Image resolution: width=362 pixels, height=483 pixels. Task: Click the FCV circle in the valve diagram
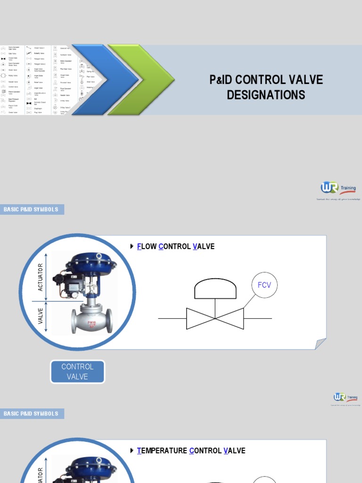point(265,285)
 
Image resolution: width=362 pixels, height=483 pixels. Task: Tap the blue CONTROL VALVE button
point(77,372)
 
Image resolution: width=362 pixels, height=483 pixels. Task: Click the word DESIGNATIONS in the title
point(266,95)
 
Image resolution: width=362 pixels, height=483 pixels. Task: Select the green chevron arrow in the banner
point(140,80)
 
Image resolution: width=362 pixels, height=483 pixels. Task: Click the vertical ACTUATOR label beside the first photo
point(40,277)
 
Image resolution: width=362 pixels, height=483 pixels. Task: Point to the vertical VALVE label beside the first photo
point(40,316)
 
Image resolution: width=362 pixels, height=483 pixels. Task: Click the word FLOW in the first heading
point(147,246)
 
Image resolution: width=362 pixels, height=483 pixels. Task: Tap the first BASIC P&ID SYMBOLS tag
point(32,209)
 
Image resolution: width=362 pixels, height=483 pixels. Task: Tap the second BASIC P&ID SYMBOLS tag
point(32,414)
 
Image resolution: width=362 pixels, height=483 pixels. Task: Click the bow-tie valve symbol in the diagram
point(215,318)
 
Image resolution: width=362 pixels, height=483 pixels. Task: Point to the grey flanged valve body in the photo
point(92,321)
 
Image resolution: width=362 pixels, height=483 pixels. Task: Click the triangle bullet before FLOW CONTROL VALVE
point(132,246)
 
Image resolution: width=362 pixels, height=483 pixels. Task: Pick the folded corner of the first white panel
point(321,344)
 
